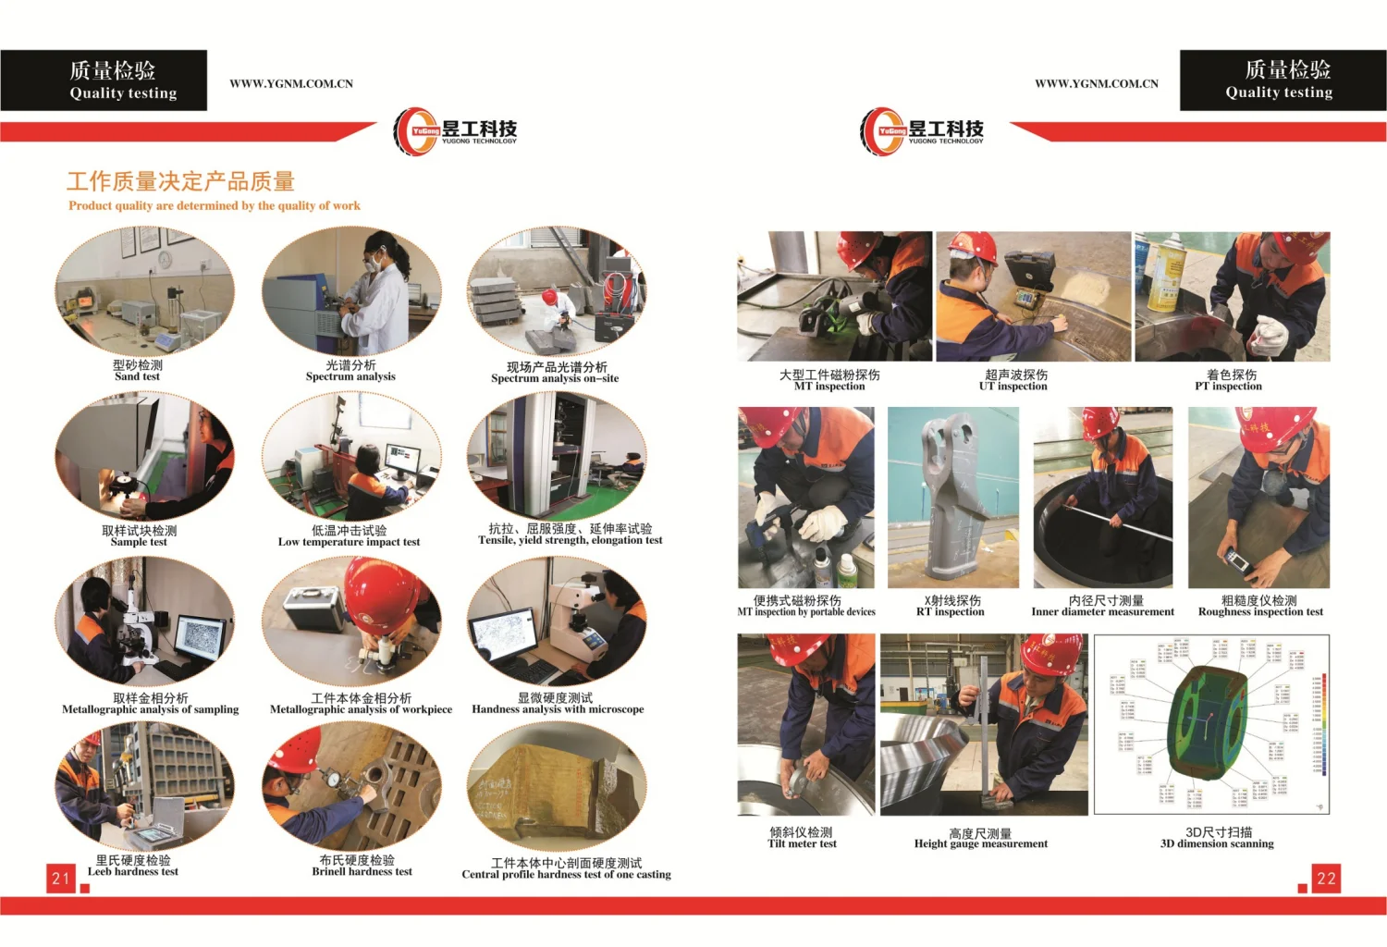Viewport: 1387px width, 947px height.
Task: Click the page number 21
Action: click(x=61, y=879)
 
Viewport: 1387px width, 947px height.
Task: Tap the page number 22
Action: click(x=1326, y=879)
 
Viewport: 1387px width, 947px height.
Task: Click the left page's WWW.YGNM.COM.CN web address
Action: click(x=291, y=84)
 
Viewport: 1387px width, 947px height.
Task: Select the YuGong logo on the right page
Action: click(x=921, y=131)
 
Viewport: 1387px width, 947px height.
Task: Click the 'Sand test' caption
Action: click(x=137, y=376)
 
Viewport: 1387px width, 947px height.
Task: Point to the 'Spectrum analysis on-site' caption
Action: click(x=555, y=378)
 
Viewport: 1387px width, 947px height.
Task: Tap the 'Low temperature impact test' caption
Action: click(x=349, y=542)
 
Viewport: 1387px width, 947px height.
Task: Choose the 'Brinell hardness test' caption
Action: click(x=362, y=871)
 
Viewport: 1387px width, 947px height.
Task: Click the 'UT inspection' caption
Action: click(x=1013, y=387)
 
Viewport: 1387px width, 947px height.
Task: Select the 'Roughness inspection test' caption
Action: click(x=1260, y=611)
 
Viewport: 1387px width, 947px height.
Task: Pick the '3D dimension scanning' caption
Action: click(x=1217, y=843)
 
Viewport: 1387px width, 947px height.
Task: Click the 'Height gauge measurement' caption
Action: click(x=981, y=843)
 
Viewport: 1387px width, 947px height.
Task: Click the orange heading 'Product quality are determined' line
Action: click(x=215, y=206)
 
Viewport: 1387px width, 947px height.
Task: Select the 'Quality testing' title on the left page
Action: click(x=123, y=93)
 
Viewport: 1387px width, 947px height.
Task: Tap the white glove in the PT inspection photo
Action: click(x=1271, y=334)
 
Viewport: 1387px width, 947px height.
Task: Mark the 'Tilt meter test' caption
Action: click(x=802, y=843)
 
